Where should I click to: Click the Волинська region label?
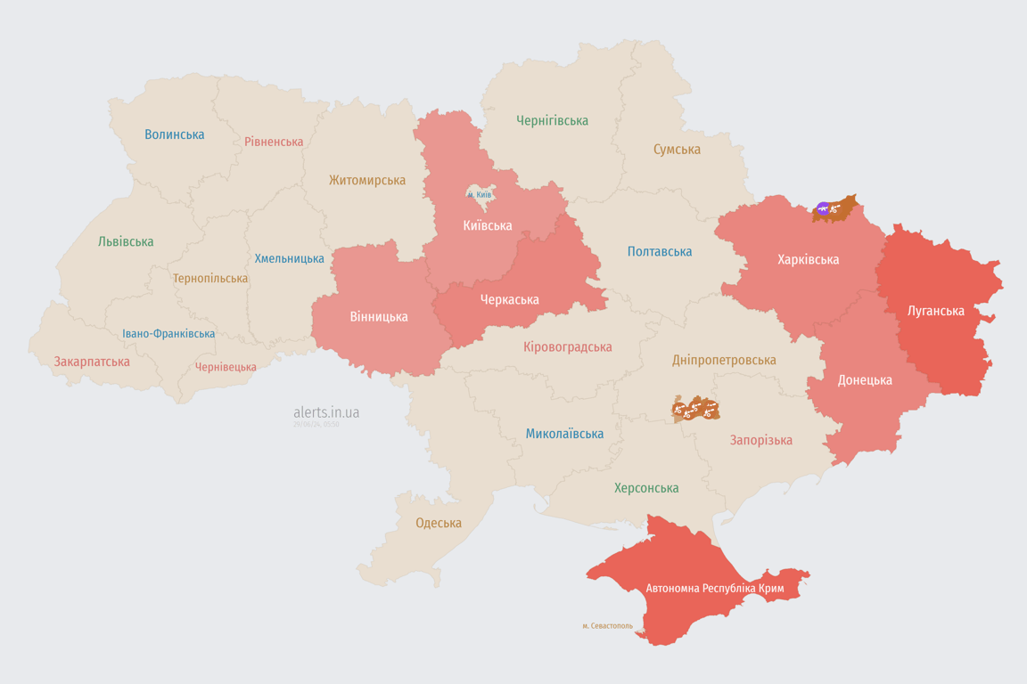point(175,134)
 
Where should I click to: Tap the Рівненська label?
point(274,142)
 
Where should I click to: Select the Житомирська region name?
point(366,180)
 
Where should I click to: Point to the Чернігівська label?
point(552,120)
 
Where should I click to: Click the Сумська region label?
point(677,150)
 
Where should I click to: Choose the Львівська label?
point(126,241)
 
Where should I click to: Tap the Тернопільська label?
point(210,278)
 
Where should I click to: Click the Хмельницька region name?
point(290,258)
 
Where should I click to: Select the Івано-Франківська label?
point(168,334)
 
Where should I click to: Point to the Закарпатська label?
point(92,362)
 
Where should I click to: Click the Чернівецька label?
point(226,367)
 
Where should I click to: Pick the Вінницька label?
point(379,316)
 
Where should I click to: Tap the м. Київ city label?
point(480,194)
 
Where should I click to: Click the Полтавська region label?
point(660,251)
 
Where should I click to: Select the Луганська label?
point(935,311)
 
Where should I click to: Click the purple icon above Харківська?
point(823,209)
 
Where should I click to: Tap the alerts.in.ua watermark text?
point(326,412)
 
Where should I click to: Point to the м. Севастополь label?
point(607,626)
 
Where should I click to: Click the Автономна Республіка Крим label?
point(716,589)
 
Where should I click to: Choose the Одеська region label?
point(439,523)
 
